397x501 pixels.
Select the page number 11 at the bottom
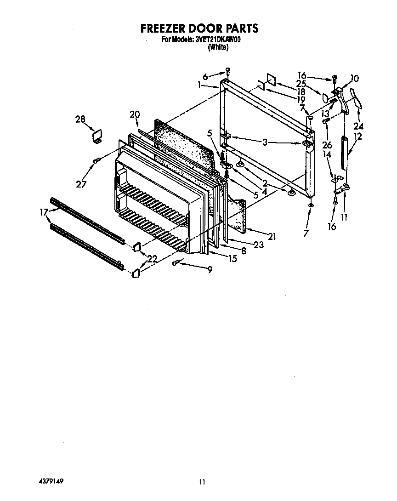coord(202,482)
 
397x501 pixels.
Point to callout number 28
coord(80,120)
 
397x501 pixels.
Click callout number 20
coord(134,114)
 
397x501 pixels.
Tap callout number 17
coord(44,212)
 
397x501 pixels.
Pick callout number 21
coord(272,237)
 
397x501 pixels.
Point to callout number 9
coord(210,271)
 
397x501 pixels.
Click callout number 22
coord(152,259)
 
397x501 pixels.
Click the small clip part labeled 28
coord(97,137)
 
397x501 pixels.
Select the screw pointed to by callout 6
coord(227,71)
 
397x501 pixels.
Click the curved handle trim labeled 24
coord(356,97)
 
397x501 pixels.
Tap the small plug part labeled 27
coord(96,160)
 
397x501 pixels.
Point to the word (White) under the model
coord(218,47)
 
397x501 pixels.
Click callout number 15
coord(232,259)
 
